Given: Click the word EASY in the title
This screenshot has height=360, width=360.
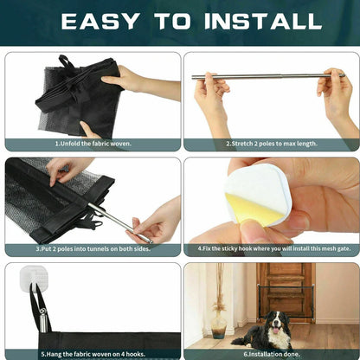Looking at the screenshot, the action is click(x=100, y=22).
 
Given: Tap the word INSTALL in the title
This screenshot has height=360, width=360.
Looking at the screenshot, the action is click(x=263, y=22).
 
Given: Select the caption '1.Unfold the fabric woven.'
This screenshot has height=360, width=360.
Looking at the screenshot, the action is click(x=93, y=144).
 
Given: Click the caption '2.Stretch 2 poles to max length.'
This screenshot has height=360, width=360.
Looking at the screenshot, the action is click(x=272, y=144).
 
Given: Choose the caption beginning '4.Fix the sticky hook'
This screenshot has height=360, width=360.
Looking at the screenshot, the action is click(x=274, y=248).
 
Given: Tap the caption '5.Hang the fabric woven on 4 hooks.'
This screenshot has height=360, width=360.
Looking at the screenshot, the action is click(x=93, y=354).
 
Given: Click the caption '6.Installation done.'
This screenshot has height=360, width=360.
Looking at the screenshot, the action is click(x=272, y=354).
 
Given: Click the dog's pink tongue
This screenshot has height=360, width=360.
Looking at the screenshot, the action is click(x=276, y=330).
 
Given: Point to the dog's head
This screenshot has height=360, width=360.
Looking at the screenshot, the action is click(x=277, y=321).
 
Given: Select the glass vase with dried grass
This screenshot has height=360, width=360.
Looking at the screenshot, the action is click(x=219, y=324).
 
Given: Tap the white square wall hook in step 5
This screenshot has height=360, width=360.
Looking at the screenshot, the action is click(x=34, y=279).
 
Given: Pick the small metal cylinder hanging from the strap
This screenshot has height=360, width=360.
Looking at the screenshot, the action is click(x=43, y=323).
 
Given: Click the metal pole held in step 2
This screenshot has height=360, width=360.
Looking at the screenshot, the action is click(x=268, y=76).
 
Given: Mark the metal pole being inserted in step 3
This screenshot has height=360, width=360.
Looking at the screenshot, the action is click(x=119, y=222).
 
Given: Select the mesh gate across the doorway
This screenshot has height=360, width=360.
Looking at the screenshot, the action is click(x=286, y=300).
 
